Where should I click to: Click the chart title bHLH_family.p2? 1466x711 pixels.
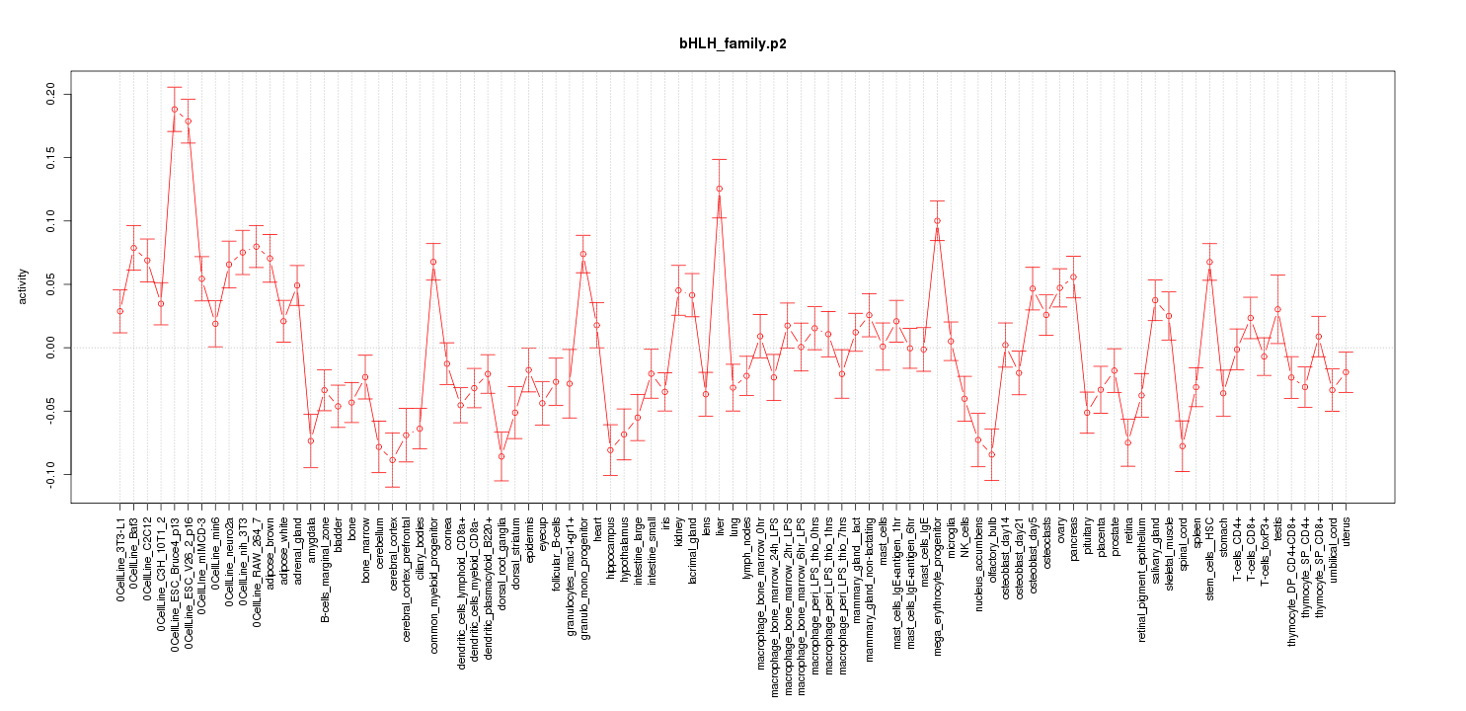point(733,44)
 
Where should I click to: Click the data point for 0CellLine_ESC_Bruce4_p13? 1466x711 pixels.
point(174,110)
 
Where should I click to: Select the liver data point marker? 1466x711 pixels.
point(720,189)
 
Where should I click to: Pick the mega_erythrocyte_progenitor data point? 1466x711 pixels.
point(937,221)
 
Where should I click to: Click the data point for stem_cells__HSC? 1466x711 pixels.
point(1209,262)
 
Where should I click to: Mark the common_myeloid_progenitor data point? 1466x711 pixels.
point(432,262)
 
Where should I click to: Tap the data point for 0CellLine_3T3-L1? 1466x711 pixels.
point(119,311)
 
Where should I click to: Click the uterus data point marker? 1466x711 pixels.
point(1346,371)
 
